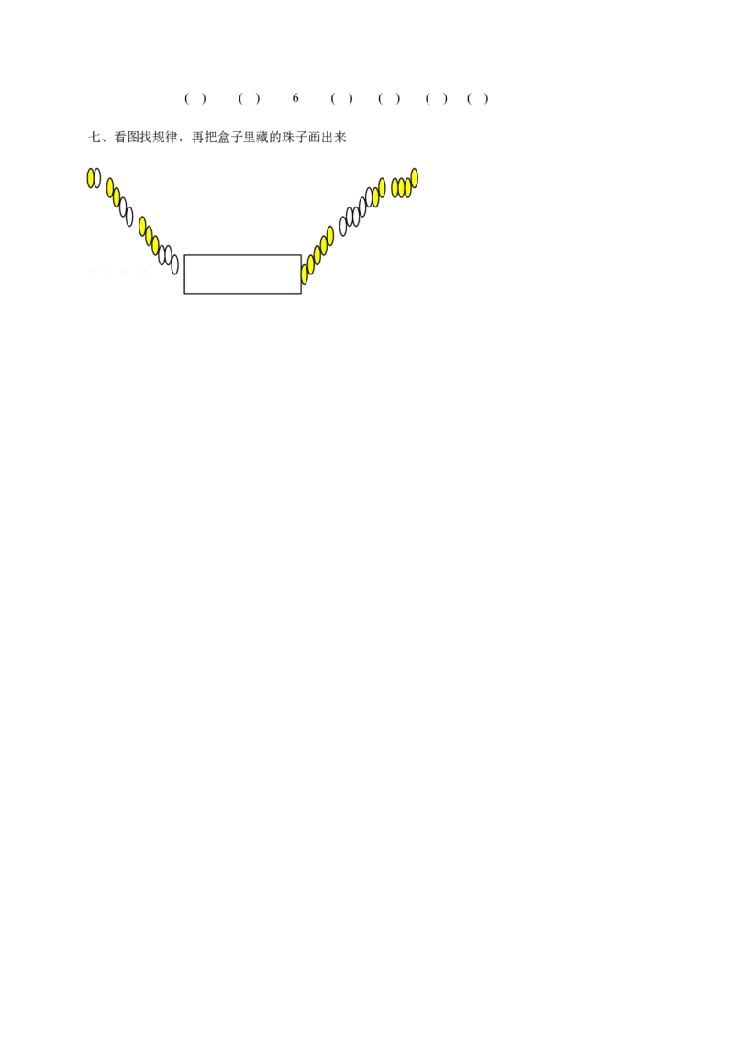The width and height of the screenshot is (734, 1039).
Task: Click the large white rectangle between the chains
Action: click(x=242, y=274)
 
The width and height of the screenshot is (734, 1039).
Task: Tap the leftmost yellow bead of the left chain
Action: click(x=91, y=178)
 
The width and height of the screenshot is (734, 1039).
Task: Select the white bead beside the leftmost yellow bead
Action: click(x=98, y=178)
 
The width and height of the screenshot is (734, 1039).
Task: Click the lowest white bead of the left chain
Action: click(x=175, y=265)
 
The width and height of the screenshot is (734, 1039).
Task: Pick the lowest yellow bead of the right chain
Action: click(x=305, y=274)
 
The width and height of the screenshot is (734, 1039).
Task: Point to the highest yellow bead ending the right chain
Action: click(x=415, y=178)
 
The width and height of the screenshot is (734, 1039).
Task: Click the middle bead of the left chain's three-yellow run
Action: click(x=149, y=236)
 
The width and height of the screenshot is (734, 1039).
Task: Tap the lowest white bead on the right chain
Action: click(x=343, y=226)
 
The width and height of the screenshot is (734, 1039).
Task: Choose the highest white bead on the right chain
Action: click(x=369, y=197)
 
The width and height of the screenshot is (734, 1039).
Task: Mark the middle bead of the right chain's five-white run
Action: click(x=356, y=216)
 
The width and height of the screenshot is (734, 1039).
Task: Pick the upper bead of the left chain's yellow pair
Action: click(x=110, y=188)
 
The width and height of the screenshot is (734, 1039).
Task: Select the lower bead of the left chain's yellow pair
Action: click(x=117, y=197)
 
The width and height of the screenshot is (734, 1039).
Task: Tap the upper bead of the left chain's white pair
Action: click(x=123, y=207)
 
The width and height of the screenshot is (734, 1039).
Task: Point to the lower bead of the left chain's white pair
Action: click(x=129, y=217)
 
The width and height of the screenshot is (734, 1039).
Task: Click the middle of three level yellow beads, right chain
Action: click(x=402, y=187)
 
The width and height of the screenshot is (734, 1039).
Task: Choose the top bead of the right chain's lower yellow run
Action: click(x=330, y=235)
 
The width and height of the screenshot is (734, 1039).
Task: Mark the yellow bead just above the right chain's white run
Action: click(x=375, y=197)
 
